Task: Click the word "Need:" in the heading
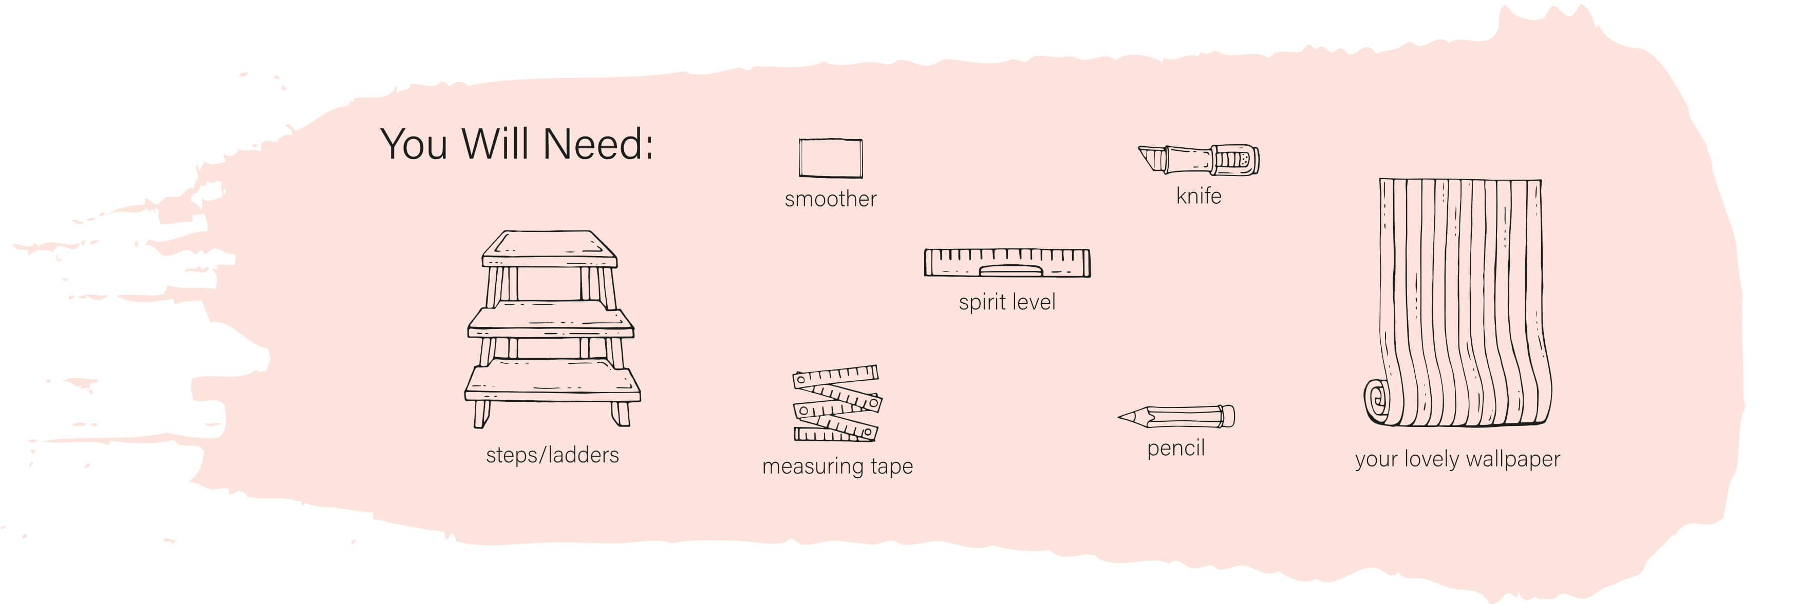(597, 144)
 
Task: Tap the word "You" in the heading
(413, 144)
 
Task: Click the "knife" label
(1198, 196)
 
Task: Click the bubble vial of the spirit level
(1010, 270)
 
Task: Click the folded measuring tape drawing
(836, 403)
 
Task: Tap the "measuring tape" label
(837, 466)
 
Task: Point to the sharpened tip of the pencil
(1121, 418)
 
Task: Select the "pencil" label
(1175, 448)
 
